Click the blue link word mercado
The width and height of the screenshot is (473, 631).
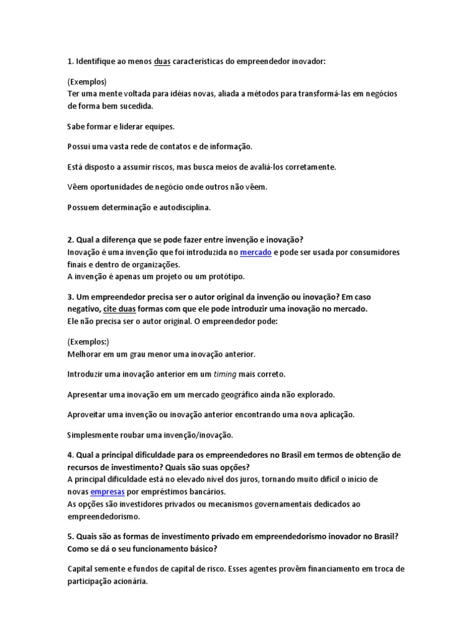256,253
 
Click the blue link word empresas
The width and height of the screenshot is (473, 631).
108,492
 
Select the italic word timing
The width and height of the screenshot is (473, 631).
225,374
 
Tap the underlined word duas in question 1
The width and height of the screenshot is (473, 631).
162,62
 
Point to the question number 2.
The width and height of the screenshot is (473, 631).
70,240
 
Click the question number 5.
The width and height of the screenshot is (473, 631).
70,536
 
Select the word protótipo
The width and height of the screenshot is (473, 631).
225,276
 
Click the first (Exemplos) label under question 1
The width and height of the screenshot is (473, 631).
87,81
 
